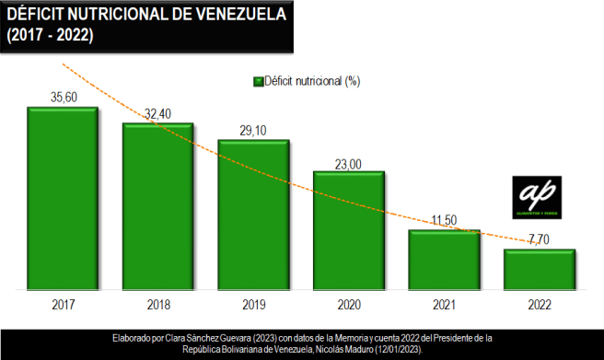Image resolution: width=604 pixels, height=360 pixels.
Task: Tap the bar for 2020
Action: (349, 228)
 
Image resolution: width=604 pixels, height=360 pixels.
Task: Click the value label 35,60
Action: (63, 97)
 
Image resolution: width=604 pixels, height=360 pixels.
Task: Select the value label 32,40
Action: (158, 113)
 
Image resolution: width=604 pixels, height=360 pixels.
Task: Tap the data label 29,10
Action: (253, 130)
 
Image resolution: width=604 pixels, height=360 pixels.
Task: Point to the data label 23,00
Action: (349, 162)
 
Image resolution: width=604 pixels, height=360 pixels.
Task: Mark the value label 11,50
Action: (445, 220)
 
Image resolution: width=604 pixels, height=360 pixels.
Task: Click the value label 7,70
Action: (540, 239)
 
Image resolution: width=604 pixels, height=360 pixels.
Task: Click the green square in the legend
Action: (257, 81)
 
